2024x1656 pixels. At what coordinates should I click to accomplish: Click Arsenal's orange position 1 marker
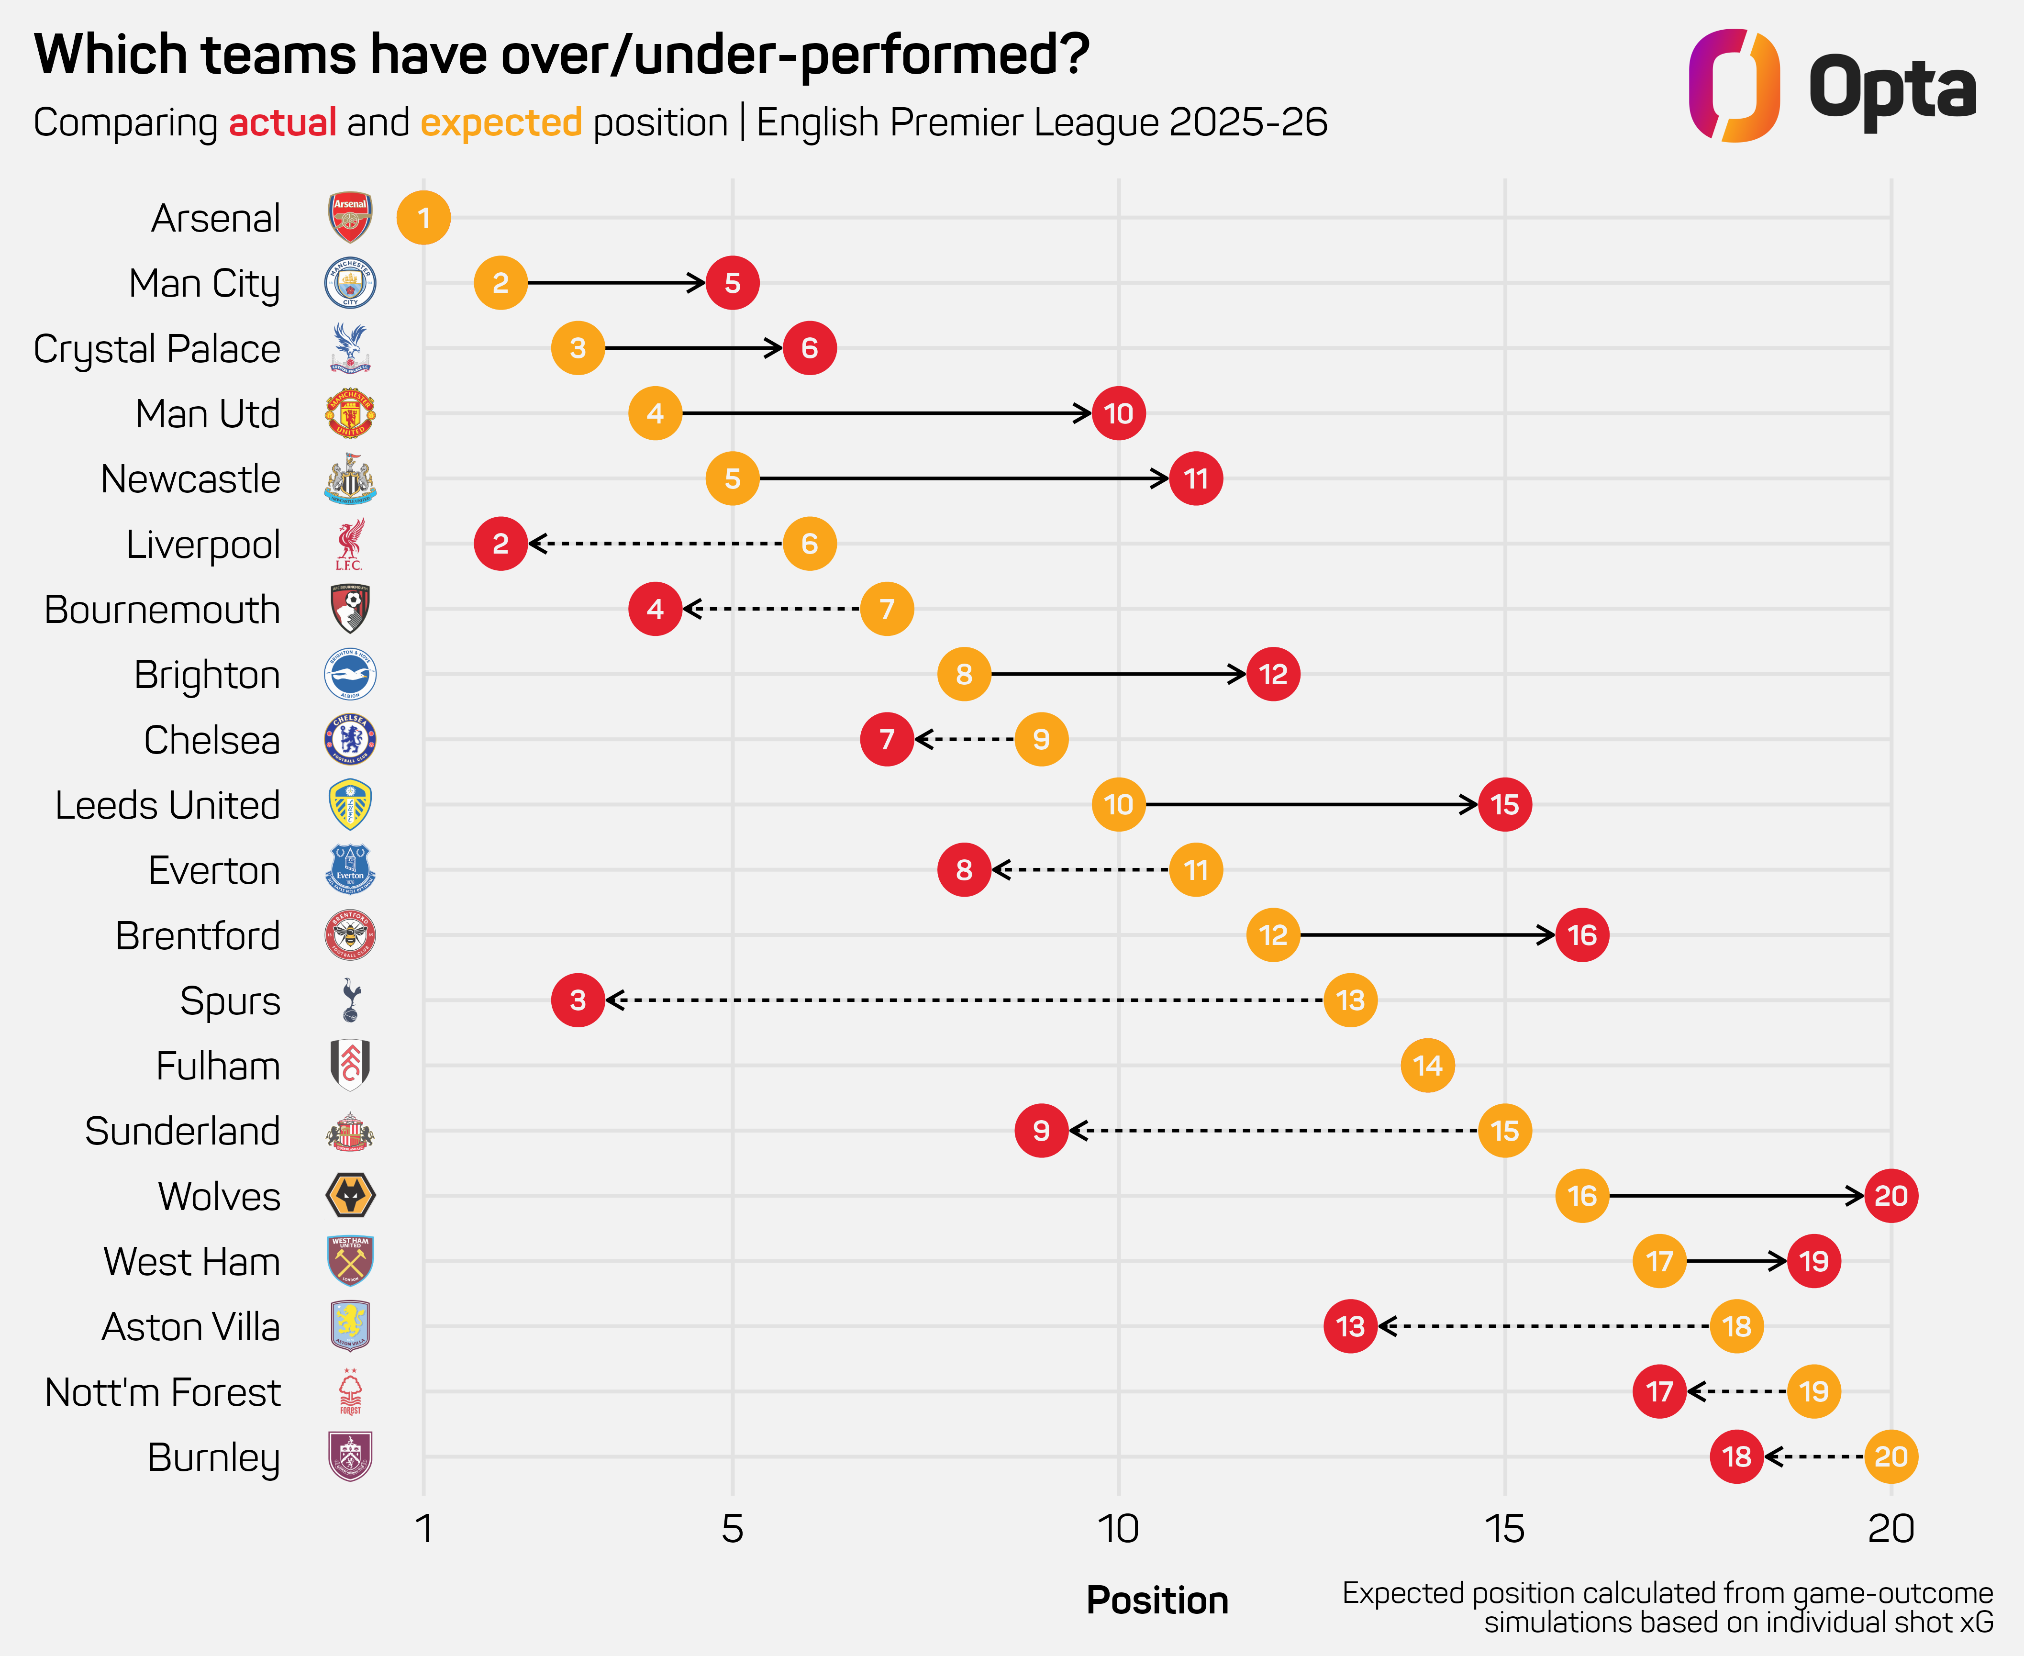[423, 219]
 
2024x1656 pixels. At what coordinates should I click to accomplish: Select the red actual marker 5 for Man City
[733, 283]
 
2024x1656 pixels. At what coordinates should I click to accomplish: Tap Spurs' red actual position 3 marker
[578, 1000]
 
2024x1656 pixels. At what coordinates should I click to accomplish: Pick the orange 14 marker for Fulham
[1428, 1066]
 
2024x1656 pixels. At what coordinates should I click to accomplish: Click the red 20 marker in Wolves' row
[1891, 1196]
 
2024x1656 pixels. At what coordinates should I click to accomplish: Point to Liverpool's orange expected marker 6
[810, 544]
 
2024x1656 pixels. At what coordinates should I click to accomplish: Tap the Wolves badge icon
[350, 1196]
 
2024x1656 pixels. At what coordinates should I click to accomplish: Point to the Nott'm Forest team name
[163, 1393]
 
